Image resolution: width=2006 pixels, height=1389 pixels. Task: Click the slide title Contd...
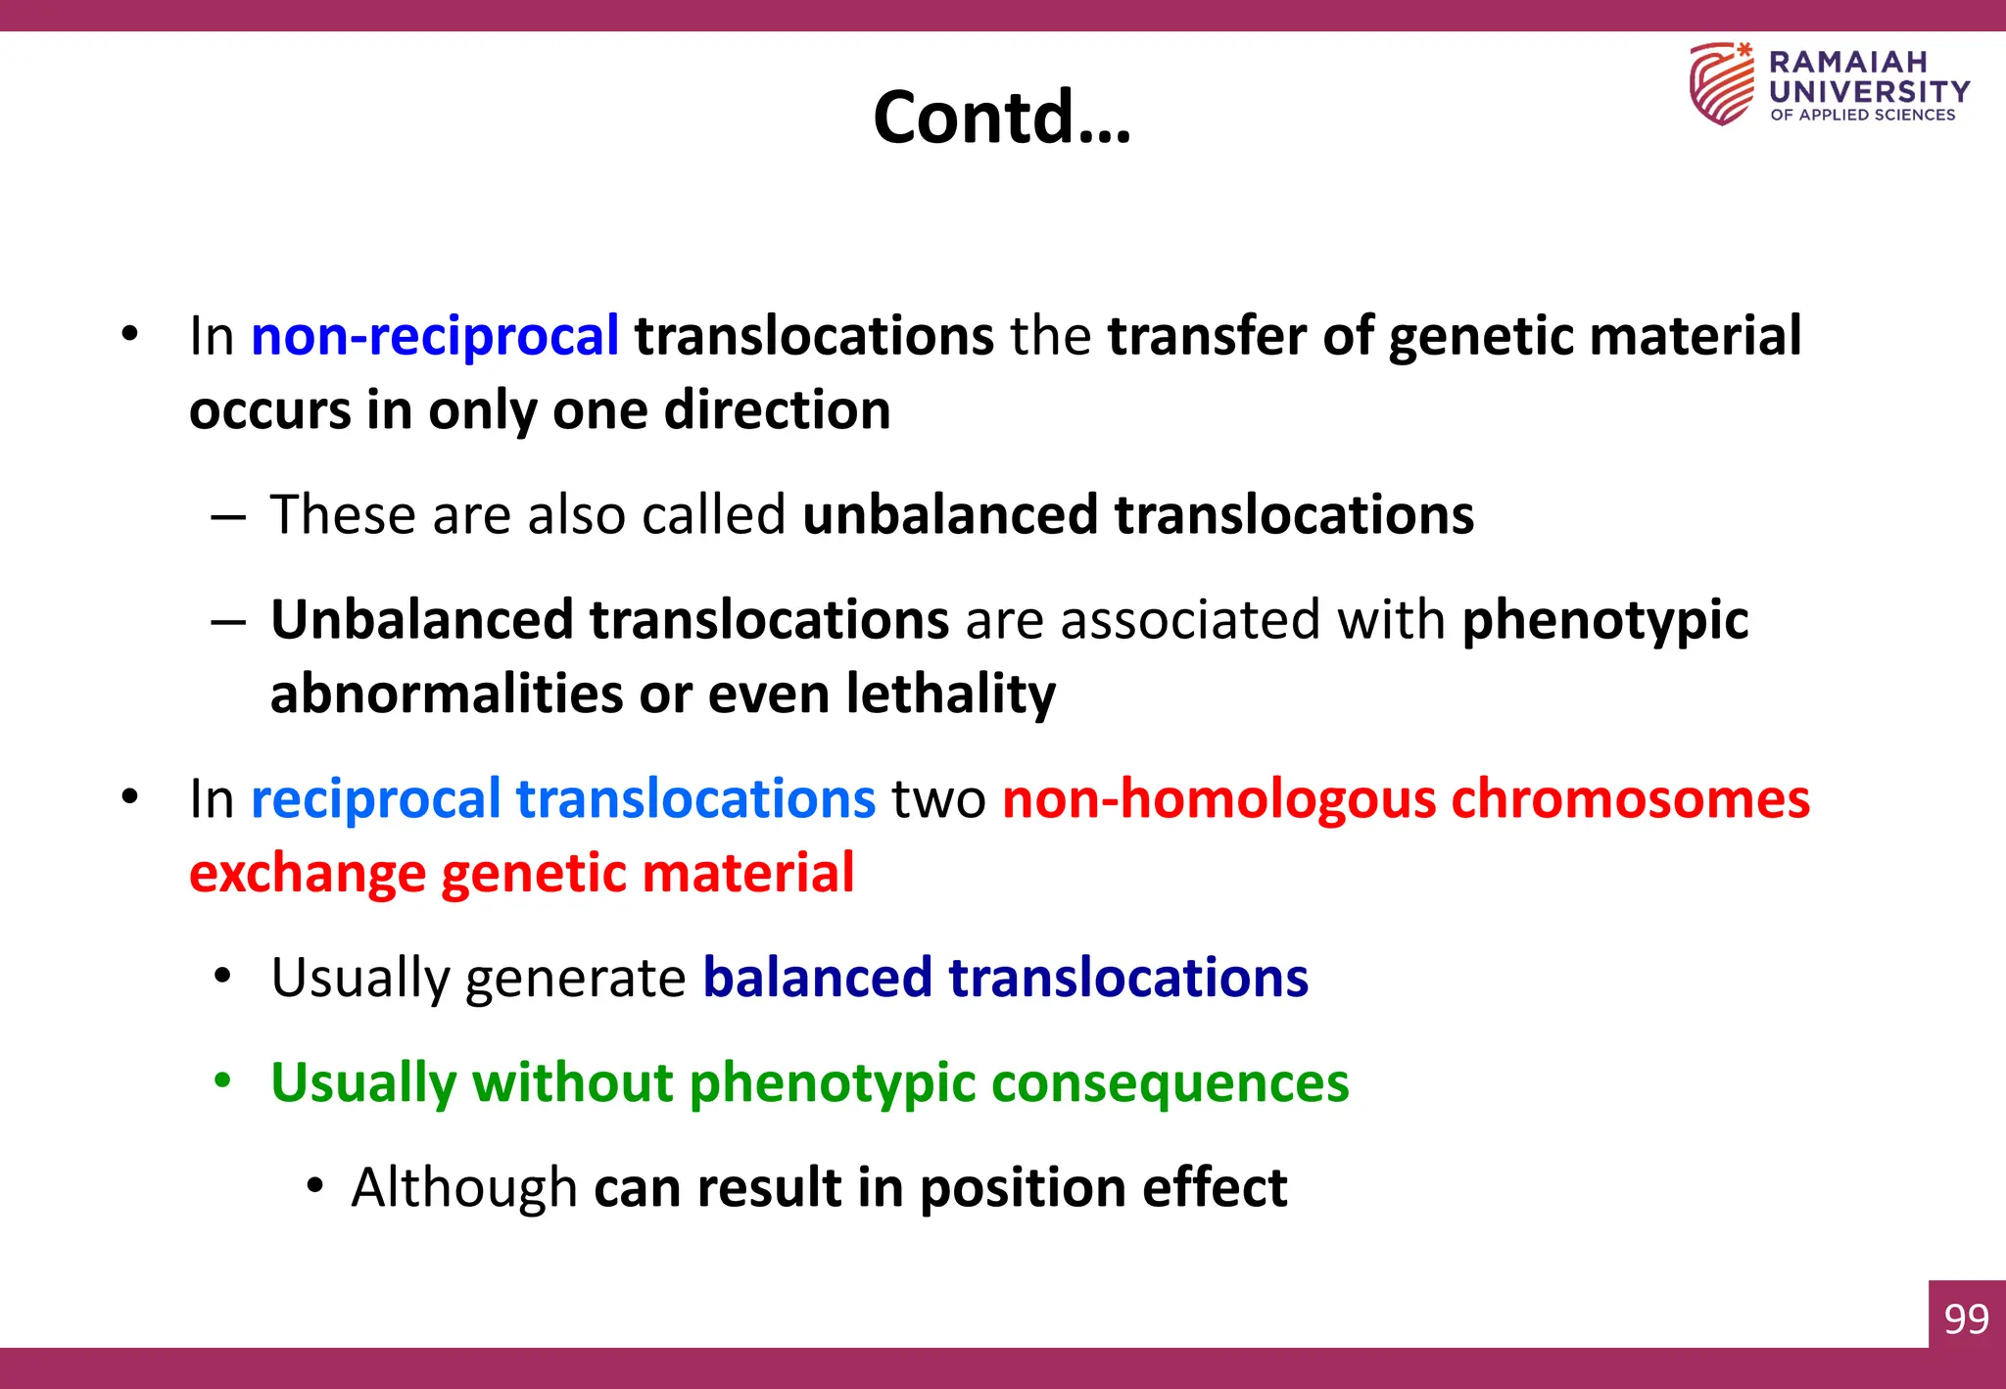[x=1001, y=117]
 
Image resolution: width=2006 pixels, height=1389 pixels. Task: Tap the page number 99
[x=1966, y=1319]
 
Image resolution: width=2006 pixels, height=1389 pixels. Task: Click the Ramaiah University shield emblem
[x=1721, y=83]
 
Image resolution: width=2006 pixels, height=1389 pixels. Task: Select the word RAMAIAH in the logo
[x=1847, y=62]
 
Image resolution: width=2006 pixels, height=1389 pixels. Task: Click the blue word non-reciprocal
[x=435, y=336]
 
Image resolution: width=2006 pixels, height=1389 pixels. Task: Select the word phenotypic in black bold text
[x=1604, y=620]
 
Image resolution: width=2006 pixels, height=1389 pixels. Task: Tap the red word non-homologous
[x=1218, y=798]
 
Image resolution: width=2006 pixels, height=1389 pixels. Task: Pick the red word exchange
[x=307, y=873]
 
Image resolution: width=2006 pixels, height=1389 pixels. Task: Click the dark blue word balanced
[x=817, y=978]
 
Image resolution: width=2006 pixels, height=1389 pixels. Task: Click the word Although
[x=463, y=1187]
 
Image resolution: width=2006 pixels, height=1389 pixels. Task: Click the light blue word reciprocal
[x=376, y=798]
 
